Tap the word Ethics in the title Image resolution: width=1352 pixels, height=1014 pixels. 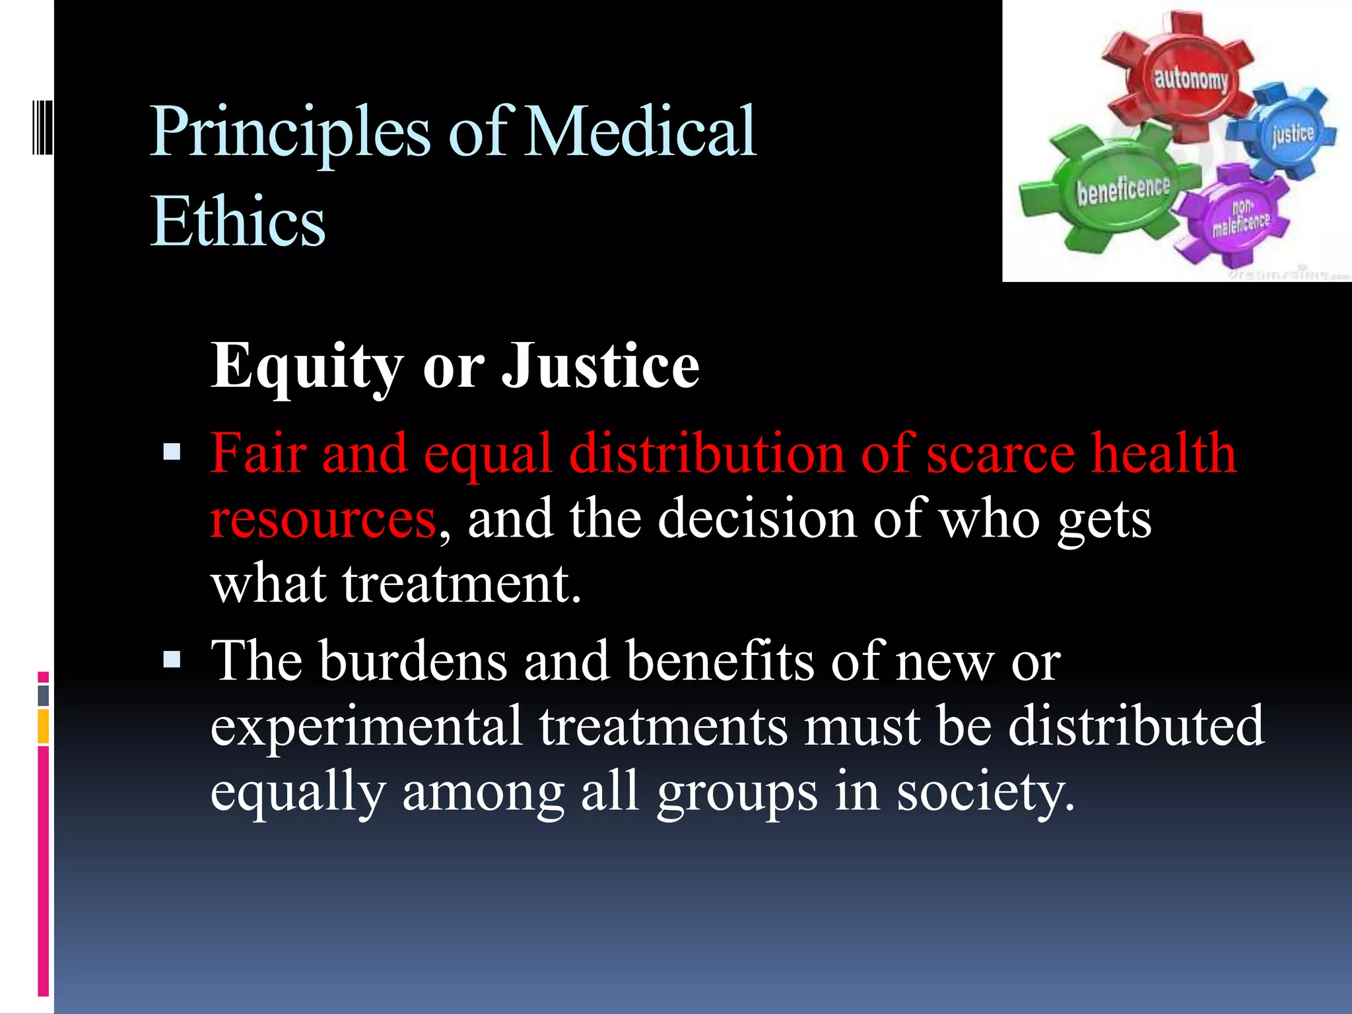[x=238, y=221]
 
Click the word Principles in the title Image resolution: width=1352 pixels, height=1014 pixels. [x=290, y=131]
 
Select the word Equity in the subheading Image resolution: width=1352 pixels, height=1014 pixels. [x=306, y=366]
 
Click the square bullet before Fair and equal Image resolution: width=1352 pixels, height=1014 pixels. [x=172, y=452]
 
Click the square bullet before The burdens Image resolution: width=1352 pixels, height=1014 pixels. [x=172, y=659]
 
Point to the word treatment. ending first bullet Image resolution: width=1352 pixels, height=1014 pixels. [x=462, y=584]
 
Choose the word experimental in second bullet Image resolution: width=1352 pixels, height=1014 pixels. [x=367, y=726]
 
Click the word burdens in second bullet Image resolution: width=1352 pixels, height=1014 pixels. [x=413, y=661]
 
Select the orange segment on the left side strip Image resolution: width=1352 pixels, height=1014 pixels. [x=44, y=726]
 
